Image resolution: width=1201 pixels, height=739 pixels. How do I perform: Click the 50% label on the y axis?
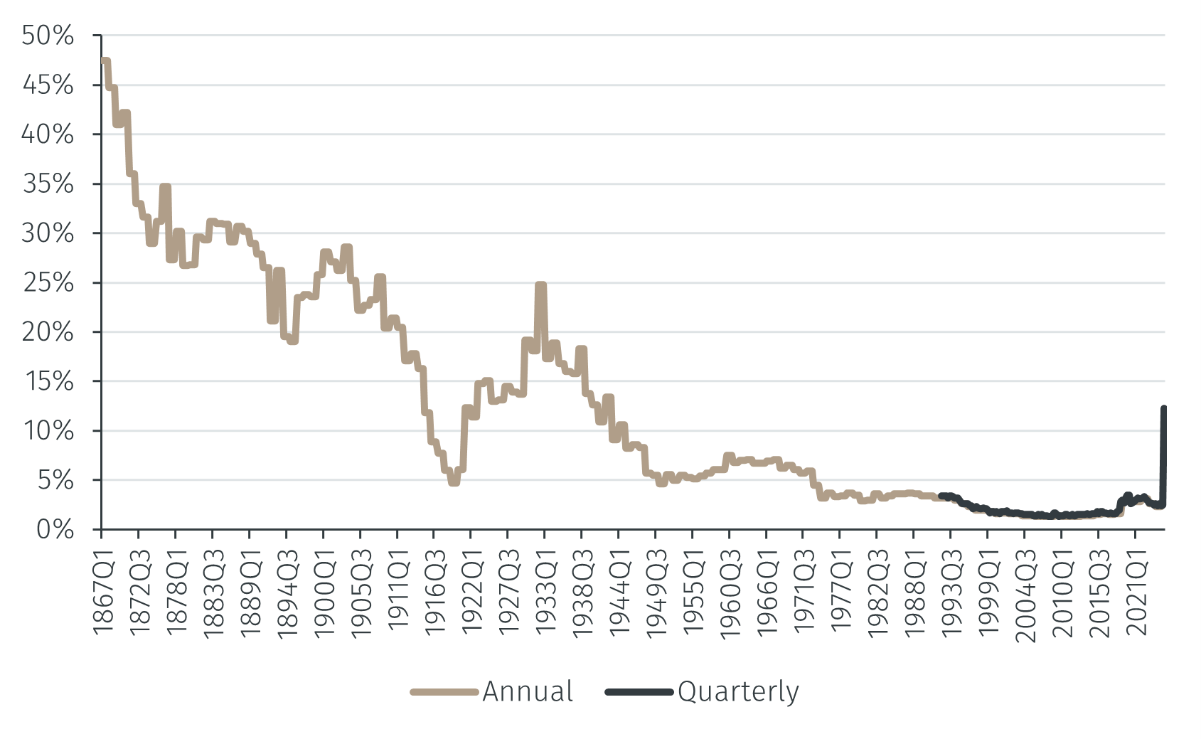pyautogui.click(x=48, y=36)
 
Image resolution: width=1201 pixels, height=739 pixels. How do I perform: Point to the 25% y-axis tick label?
pyautogui.click(x=48, y=283)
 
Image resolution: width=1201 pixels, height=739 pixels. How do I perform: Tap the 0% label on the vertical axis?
pyautogui.click(x=55, y=530)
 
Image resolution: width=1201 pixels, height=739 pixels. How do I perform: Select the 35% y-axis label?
pyautogui.click(x=48, y=184)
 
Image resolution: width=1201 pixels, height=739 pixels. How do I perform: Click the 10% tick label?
pyautogui.click(x=48, y=431)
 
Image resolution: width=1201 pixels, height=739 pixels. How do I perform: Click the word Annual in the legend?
pyautogui.click(x=528, y=692)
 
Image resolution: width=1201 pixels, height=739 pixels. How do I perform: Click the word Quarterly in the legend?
pyautogui.click(x=738, y=692)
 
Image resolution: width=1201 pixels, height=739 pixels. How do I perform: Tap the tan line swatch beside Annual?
pyautogui.click(x=444, y=692)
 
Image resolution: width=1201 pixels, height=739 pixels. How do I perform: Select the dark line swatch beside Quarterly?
pyautogui.click(x=639, y=692)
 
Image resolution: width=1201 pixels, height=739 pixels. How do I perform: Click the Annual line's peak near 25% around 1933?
pyautogui.click(x=541, y=285)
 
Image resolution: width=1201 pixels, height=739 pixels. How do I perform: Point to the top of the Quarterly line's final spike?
pyautogui.click(x=1164, y=408)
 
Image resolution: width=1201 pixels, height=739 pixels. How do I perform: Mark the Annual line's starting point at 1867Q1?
pyautogui.click(x=103, y=61)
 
